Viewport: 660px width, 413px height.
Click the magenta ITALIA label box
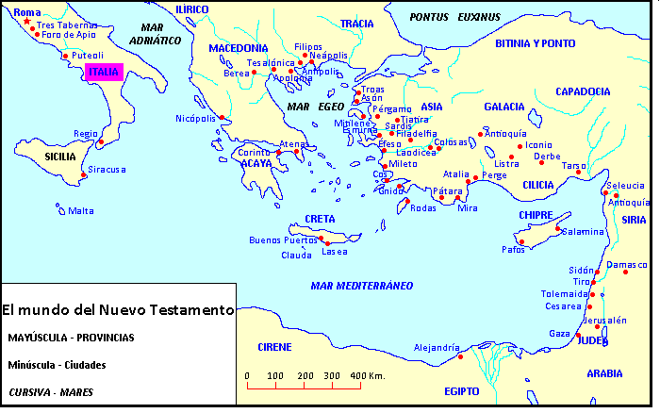(105, 72)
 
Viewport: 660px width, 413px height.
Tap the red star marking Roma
(26, 22)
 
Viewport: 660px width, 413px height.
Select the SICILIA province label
(33, 156)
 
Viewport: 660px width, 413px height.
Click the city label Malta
(80, 211)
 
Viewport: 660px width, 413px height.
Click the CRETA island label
(320, 219)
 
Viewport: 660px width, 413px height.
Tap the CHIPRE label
(536, 215)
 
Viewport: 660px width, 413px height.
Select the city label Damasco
(628, 265)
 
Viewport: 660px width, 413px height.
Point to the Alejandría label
(437, 347)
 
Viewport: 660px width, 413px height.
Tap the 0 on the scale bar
(247, 376)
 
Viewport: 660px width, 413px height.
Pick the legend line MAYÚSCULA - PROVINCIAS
(71, 337)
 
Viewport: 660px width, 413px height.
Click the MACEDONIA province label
(239, 47)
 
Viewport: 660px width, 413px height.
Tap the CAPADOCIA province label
(584, 91)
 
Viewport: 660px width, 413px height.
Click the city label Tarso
(574, 165)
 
